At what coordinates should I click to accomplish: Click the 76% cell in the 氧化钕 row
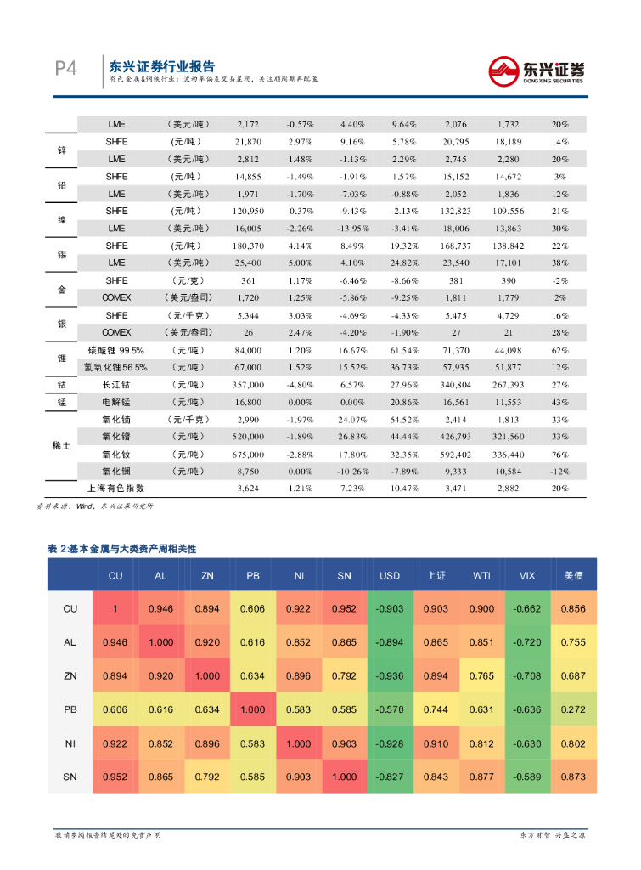[559, 454]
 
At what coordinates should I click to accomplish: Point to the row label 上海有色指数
[116, 489]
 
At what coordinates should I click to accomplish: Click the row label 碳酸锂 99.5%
[116, 350]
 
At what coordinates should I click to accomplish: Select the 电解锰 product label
[116, 402]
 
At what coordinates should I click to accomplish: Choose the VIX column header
[527, 576]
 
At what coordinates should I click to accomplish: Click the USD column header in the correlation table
[390, 576]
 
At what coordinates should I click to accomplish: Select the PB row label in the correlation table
[70, 709]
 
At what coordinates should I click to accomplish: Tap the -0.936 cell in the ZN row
[390, 676]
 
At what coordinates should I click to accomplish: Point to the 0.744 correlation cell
[436, 709]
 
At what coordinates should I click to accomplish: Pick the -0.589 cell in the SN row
[527, 777]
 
